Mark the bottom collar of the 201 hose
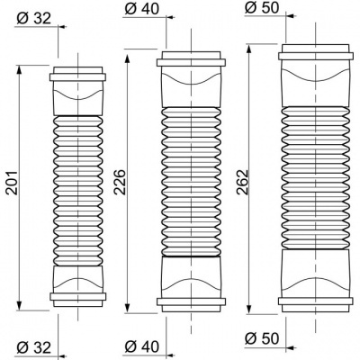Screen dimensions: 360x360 pos(78,294)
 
